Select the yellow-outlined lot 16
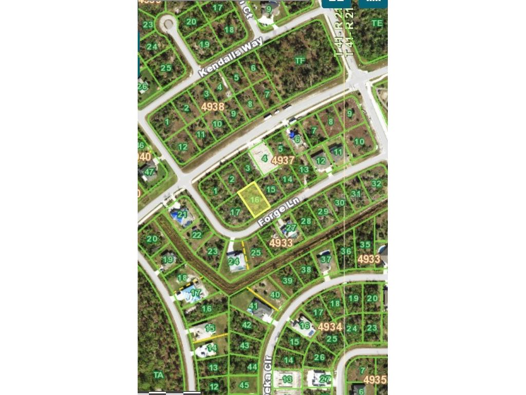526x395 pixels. click(254, 200)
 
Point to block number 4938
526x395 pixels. click(213, 106)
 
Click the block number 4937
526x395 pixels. click(283, 160)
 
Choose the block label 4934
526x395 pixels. click(330, 327)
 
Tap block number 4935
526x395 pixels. click(375, 380)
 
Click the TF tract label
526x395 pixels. click(300, 61)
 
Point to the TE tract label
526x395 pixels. click(377, 23)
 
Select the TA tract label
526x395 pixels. click(159, 375)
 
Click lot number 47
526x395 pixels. click(149, 172)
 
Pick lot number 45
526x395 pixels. click(245, 385)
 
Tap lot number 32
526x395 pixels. click(377, 184)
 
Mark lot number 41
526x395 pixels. click(253, 307)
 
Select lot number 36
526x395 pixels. click(346, 252)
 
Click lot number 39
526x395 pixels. click(288, 280)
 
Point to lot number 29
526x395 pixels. click(323, 211)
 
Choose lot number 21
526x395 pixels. click(182, 214)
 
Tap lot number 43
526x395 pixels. click(245, 346)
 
